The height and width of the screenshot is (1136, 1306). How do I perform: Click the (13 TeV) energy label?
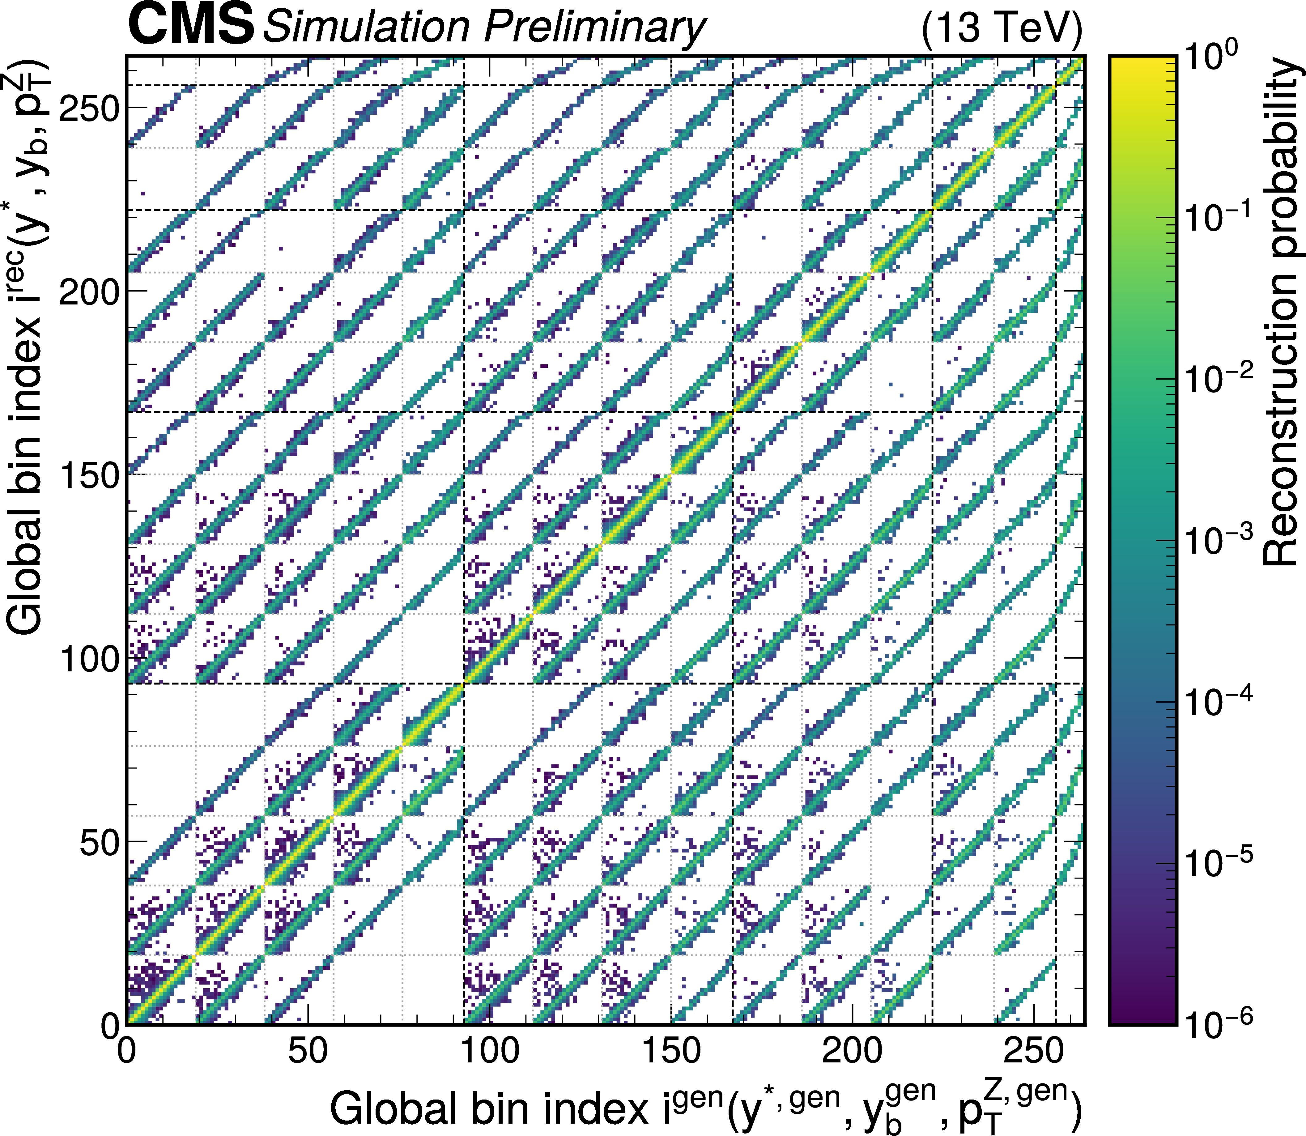pos(1002,28)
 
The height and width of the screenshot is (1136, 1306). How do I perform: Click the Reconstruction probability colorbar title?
pos(1281,311)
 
